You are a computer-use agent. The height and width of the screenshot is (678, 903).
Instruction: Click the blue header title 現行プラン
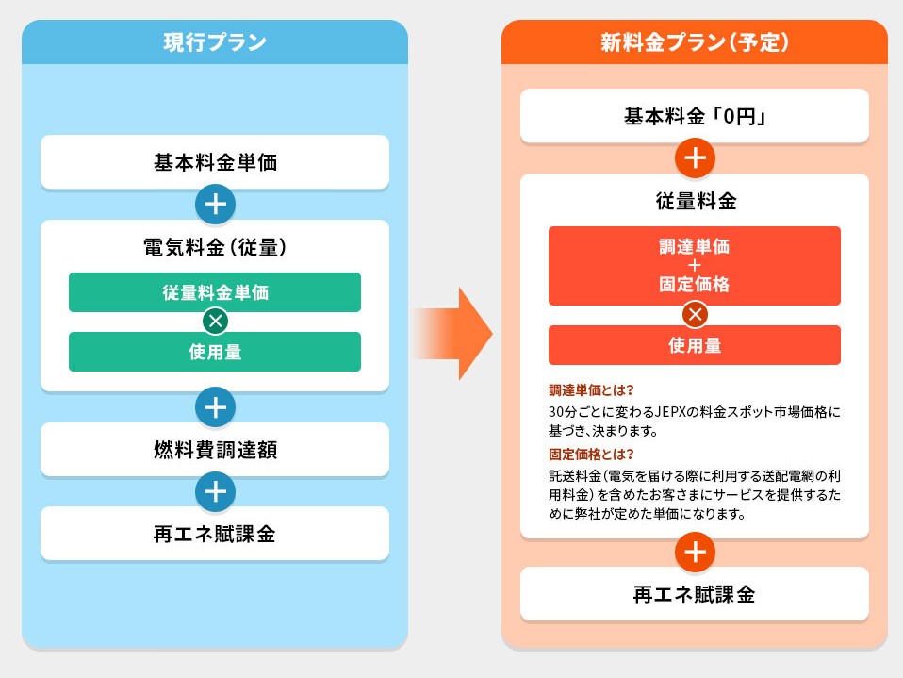click(x=215, y=42)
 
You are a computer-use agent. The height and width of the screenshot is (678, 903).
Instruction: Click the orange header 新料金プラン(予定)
click(x=695, y=42)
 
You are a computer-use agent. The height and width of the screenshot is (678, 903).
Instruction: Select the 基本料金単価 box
click(x=215, y=162)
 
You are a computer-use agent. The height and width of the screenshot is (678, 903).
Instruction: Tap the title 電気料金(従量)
click(x=215, y=247)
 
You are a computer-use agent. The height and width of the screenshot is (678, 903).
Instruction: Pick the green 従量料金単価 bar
click(x=215, y=292)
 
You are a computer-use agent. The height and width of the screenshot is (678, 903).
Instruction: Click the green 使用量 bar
click(x=215, y=352)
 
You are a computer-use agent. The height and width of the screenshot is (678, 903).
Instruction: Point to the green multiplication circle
click(x=216, y=321)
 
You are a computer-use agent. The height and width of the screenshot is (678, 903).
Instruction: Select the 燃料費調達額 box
click(x=215, y=449)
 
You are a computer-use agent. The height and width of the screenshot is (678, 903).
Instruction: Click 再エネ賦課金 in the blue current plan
click(x=215, y=534)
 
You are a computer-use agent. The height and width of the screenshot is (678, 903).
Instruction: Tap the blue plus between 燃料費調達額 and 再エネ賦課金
click(x=216, y=491)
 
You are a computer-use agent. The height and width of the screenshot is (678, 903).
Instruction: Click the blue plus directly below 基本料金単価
click(x=216, y=204)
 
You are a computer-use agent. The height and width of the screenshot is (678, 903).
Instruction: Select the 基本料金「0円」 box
click(x=695, y=116)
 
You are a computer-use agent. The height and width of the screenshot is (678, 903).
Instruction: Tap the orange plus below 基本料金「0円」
click(x=695, y=157)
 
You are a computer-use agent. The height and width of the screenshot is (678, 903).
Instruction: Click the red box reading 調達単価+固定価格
click(x=695, y=266)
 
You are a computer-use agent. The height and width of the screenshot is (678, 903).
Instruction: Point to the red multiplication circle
click(x=695, y=315)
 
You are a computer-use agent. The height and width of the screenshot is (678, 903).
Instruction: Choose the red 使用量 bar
click(x=695, y=345)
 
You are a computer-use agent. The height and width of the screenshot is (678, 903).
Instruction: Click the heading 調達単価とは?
click(x=591, y=390)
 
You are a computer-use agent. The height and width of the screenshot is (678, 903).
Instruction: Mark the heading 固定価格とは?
click(x=591, y=454)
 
